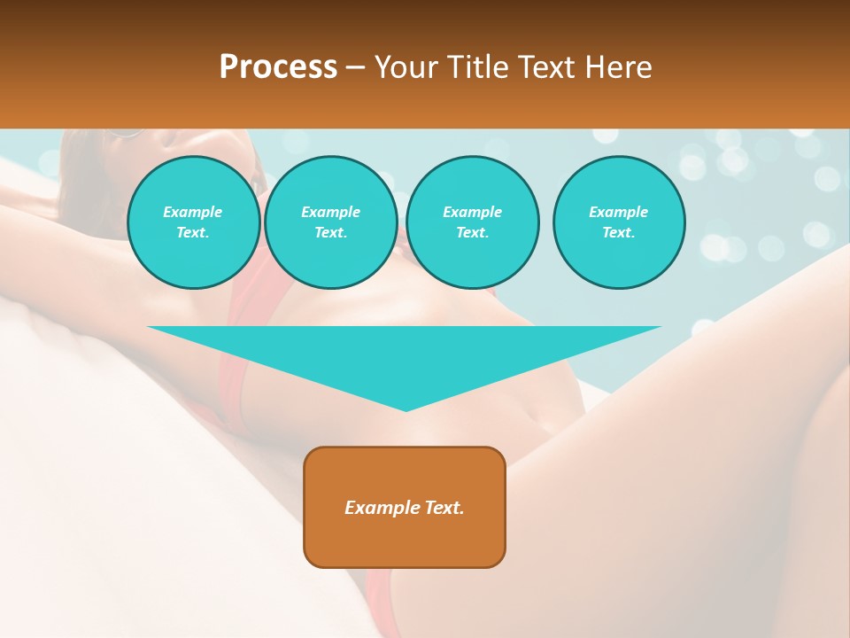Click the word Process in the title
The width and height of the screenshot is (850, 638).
coord(278,67)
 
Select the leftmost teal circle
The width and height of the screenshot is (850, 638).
coord(193,222)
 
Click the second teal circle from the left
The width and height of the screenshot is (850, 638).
coord(330,222)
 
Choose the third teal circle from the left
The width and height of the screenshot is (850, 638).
coord(472,222)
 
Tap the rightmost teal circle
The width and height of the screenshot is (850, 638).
coord(619,222)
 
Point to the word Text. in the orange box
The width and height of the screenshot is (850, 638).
coord(444,508)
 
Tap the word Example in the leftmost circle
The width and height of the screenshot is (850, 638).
coord(193,212)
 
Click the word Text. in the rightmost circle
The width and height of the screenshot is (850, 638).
coord(619,232)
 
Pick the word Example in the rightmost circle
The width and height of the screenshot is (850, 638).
coord(619,212)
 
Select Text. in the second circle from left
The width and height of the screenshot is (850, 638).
coord(330,232)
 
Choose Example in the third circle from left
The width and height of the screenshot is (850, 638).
coord(472,212)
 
